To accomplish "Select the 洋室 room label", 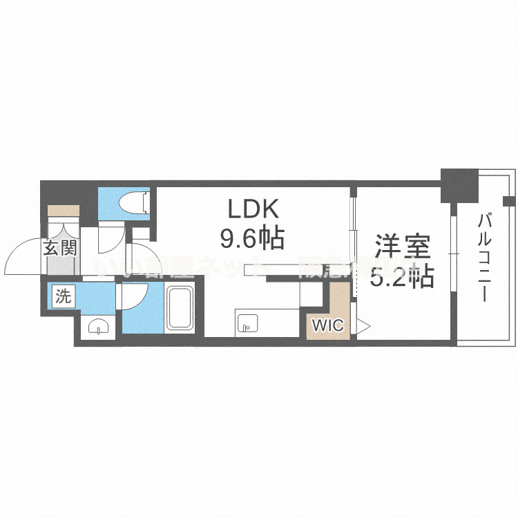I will [x=403, y=247].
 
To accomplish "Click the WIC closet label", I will [x=328, y=326].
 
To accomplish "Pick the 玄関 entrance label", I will [x=60, y=249].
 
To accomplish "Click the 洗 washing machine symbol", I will [x=63, y=298].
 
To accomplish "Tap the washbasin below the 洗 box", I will [x=99, y=327].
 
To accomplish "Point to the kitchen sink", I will [x=247, y=323].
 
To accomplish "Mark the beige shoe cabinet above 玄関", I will [x=64, y=211].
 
